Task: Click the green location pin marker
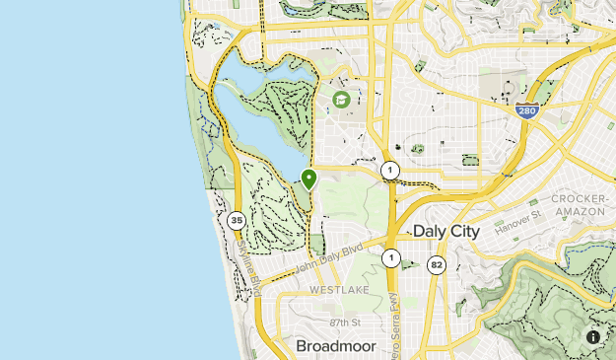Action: (x=308, y=180)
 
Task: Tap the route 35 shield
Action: (x=236, y=220)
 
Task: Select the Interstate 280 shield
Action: (x=526, y=110)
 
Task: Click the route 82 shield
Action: (x=437, y=264)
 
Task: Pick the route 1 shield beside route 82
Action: (x=391, y=258)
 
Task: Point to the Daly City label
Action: (x=445, y=231)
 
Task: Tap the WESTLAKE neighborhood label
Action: (x=339, y=290)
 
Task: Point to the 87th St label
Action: (x=347, y=323)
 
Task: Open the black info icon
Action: (x=594, y=337)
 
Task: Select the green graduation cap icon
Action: (x=341, y=100)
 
